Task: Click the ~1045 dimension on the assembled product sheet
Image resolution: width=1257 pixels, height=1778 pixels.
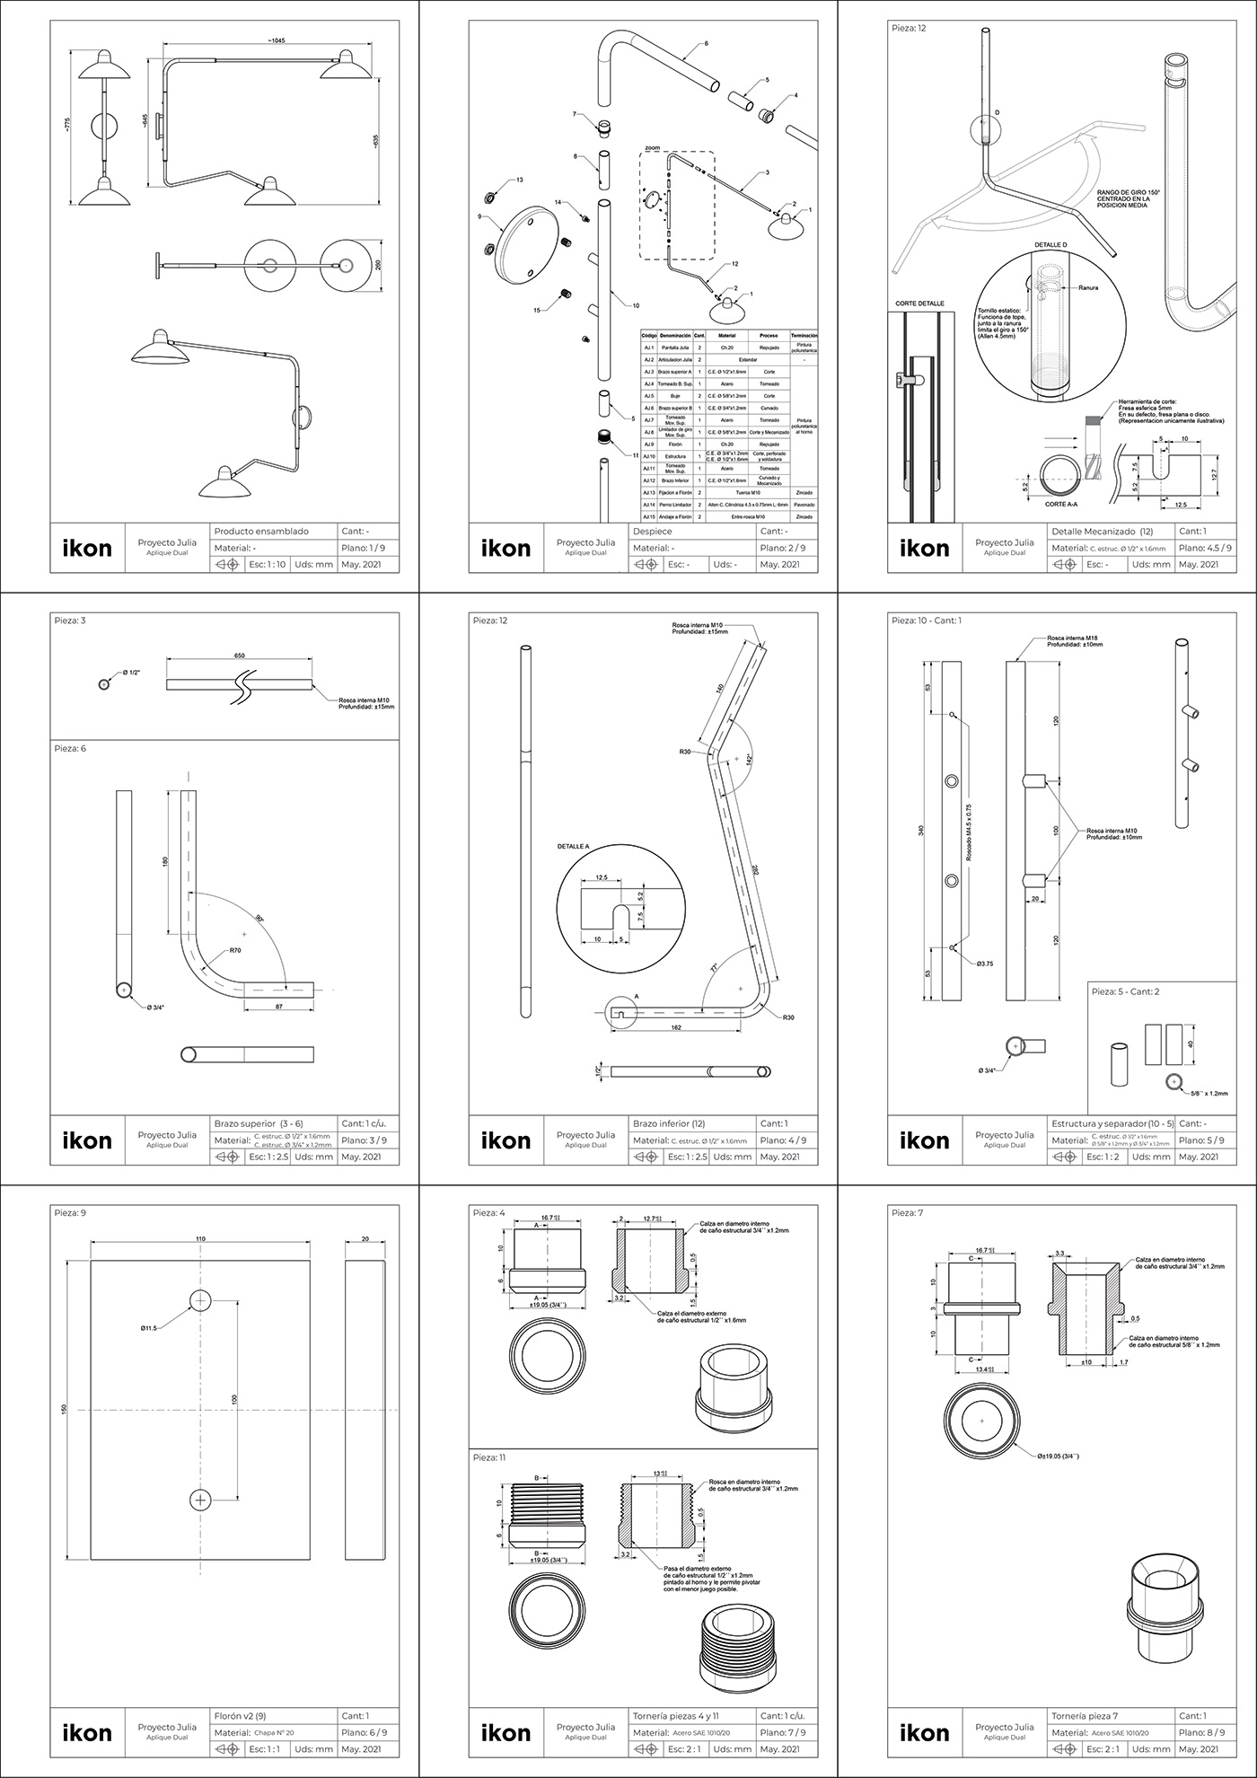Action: (276, 41)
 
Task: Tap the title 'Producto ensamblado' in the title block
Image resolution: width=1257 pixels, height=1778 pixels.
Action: (260, 532)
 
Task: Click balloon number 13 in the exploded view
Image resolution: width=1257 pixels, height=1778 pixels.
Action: (520, 180)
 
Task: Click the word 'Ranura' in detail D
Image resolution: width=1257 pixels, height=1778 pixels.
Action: (1087, 288)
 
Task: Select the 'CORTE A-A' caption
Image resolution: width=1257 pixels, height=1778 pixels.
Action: (1068, 505)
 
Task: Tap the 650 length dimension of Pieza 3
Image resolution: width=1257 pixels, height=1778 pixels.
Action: (240, 656)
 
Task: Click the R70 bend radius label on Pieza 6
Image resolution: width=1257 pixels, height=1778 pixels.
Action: (234, 950)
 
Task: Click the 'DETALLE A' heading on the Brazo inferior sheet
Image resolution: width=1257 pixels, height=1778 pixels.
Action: (574, 846)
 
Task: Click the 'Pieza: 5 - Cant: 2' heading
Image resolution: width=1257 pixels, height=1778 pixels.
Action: (1136, 991)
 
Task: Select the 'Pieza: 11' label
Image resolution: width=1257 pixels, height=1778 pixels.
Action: (489, 1457)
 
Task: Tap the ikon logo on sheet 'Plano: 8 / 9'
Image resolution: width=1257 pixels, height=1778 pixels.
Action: (924, 1733)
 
